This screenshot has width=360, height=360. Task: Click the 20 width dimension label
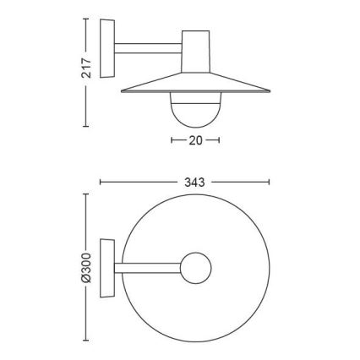point(196,140)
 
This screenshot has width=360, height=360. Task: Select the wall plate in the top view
point(106,269)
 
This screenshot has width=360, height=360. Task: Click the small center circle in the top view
point(195,269)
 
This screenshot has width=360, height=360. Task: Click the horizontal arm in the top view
point(148,269)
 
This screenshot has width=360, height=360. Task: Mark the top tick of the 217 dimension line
point(85,19)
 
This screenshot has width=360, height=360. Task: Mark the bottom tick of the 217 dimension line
point(85,127)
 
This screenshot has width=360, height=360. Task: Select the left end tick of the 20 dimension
point(172,140)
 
